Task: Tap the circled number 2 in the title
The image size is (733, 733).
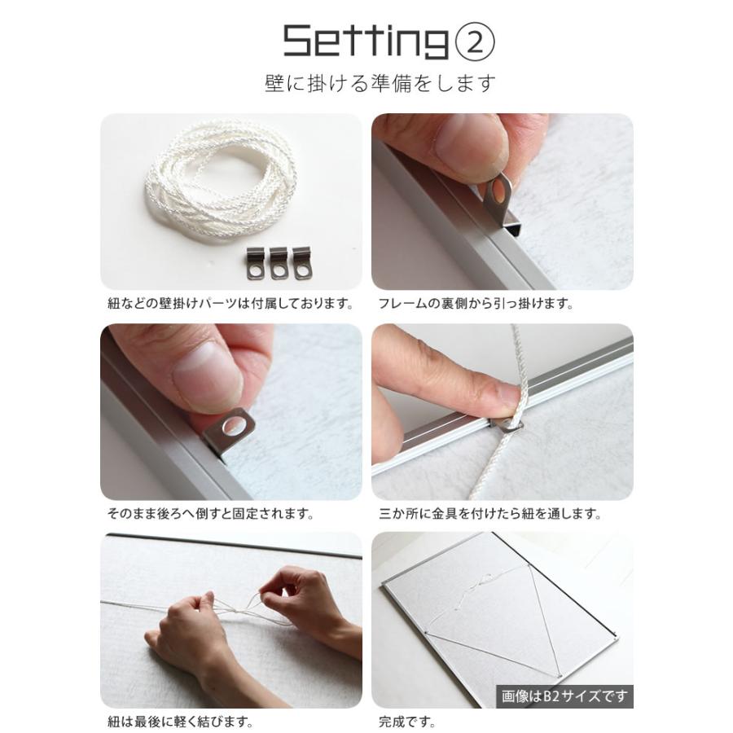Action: (x=475, y=42)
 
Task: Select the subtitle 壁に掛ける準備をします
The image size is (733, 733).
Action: (x=380, y=83)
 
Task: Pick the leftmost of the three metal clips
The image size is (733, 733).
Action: (x=256, y=264)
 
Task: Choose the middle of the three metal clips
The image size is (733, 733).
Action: (x=279, y=264)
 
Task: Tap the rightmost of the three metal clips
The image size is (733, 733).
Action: (x=302, y=264)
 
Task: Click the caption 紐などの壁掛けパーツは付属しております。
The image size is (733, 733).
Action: (x=230, y=304)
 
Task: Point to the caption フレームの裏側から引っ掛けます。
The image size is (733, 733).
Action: (x=476, y=304)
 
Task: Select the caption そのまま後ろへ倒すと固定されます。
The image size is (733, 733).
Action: (x=211, y=514)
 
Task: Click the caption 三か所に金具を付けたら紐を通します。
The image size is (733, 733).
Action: (x=490, y=514)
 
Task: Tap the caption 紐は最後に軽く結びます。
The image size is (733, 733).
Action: (x=181, y=722)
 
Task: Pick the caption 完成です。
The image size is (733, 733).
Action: (x=406, y=722)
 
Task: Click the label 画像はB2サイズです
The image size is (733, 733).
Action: (x=564, y=697)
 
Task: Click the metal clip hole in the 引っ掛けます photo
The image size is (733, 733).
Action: (x=498, y=189)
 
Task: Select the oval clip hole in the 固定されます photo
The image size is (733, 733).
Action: (x=231, y=426)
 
